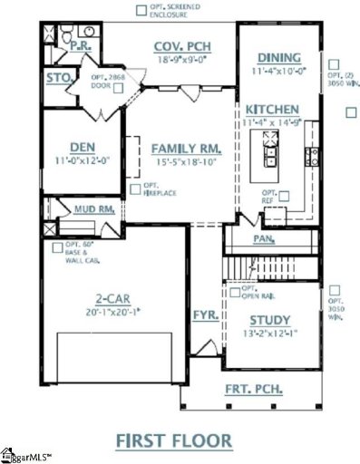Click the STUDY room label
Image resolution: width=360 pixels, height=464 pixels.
coord(269,320)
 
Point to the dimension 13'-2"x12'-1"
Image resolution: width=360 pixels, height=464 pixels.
coord(269,334)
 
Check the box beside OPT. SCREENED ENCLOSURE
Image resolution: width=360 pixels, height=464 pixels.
coord(141,10)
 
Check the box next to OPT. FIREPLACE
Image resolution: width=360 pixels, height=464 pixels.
coord(133,188)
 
